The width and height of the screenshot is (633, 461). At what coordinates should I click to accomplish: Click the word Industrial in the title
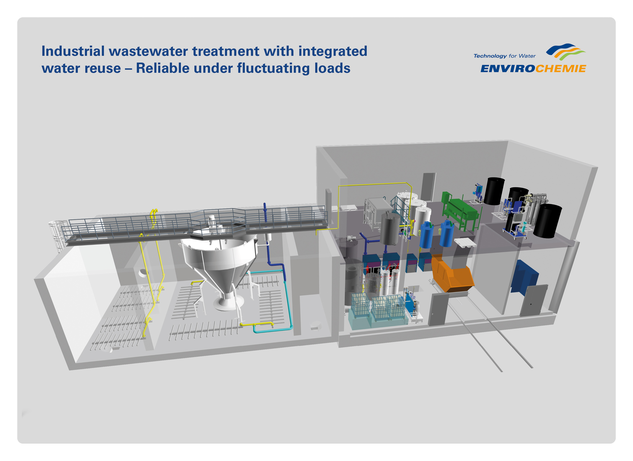tap(73, 51)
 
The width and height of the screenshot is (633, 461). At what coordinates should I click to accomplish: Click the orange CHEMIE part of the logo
tap(561, 69)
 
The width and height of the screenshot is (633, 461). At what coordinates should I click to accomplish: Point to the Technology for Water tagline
tap(505, 56)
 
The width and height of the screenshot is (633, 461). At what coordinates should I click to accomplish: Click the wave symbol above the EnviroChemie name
tap(565, 52)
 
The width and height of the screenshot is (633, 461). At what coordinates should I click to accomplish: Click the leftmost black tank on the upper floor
tap(494, 191)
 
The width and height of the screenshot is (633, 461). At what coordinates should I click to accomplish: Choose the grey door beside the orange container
tap(438, 309)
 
